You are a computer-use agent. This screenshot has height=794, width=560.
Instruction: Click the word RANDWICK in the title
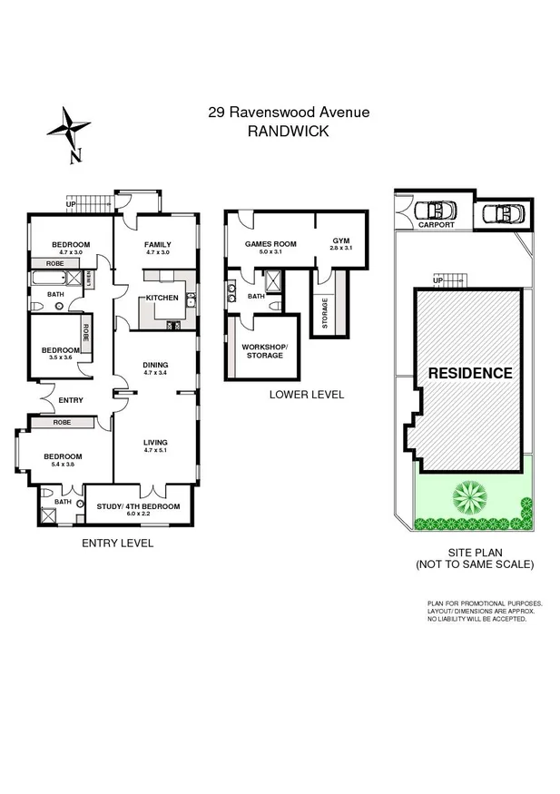288,131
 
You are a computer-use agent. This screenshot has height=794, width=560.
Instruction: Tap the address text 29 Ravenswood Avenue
288,113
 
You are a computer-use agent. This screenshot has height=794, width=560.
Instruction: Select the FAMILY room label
158,244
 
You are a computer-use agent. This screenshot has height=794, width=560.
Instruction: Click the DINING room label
155,365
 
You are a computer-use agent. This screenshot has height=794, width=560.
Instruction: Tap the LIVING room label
155,442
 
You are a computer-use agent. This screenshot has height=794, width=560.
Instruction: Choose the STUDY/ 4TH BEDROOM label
138,506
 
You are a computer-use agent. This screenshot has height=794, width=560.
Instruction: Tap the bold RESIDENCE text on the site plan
470,373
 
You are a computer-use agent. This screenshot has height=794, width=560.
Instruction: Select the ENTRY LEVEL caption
117,543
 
